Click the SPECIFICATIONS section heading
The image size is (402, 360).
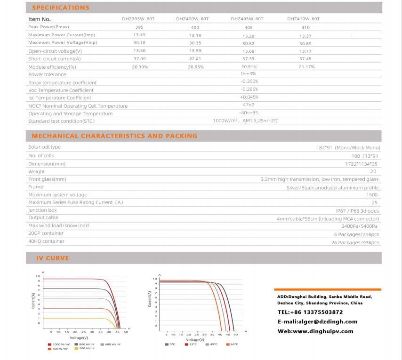60,8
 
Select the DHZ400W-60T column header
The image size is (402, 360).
192,19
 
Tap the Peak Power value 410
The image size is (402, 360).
305,27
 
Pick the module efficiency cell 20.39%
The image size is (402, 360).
140,67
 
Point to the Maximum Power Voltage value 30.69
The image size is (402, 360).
305,43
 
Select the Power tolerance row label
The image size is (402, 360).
47,74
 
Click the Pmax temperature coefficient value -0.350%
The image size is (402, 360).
249,82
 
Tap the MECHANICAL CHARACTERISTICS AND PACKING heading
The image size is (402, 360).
114,136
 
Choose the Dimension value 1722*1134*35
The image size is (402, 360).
362,164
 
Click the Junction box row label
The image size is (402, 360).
42,210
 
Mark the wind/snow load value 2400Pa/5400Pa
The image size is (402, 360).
361,226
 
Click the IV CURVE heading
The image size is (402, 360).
52,258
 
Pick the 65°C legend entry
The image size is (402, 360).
232,344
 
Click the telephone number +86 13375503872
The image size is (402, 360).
310,312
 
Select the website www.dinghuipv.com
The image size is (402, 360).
315,331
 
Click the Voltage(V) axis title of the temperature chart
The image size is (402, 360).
196,339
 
